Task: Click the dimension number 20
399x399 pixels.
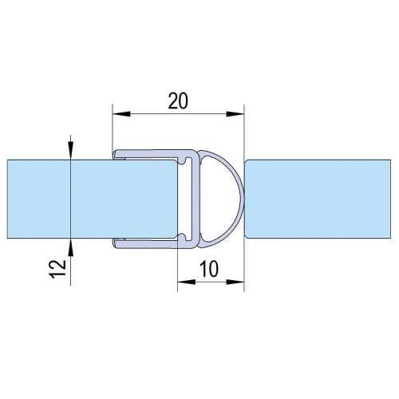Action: click(178, 101)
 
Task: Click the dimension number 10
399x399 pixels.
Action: click(209, 269)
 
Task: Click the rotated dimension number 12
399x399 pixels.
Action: click(58, 269)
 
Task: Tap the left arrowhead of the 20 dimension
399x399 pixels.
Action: click(121, 114)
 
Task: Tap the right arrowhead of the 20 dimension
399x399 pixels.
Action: click(235, 114)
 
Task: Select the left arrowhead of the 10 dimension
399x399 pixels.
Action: click(186, 282)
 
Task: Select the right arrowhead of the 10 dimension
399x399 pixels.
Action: click(235, 282)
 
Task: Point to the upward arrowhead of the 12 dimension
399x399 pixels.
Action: click(70, 247)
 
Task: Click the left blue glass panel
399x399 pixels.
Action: click(92, 199)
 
